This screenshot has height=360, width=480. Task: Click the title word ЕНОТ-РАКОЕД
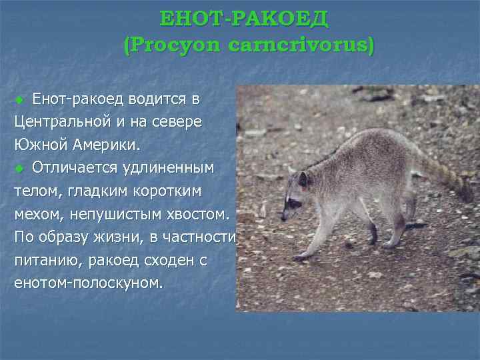(x=245, y=19)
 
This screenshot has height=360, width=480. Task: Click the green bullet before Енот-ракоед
(x=19, y=101)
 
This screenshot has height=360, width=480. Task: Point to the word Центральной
(x=67, y=122)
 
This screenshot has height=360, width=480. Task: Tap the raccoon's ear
(x=303, y=179)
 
